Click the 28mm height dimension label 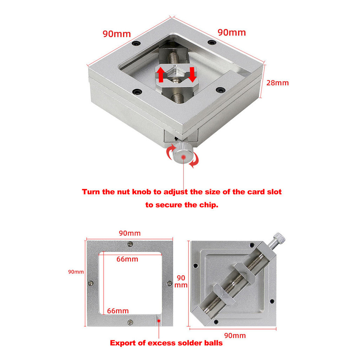coord(278,83)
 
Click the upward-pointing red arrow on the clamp coord(160,75)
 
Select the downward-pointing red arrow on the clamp coord(192,75)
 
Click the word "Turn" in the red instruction coord(92,192)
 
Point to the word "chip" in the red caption coord(208,205)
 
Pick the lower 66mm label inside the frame coord(118,311)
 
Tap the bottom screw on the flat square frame coord(130,322)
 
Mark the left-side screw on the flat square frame coord(91,283)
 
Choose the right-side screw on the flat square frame coord(169,283)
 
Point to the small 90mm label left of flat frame coord(76,272)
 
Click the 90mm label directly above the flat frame coord(129,233)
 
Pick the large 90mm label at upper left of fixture coord(117,34)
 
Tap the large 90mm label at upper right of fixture coord(232,32)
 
